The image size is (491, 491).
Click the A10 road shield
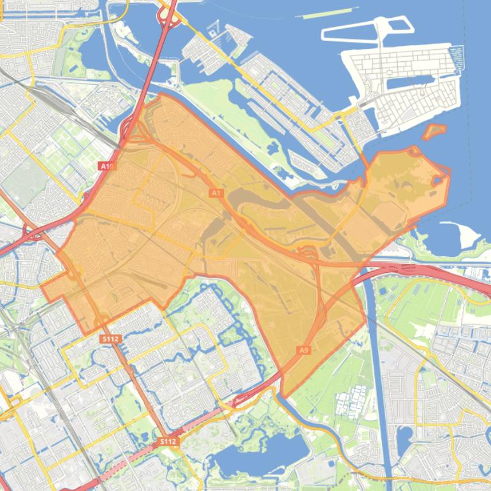[106, 166]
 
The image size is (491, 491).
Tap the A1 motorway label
[215, 193]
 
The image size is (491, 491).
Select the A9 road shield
[304, 350]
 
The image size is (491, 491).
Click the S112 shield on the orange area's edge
[110, 339]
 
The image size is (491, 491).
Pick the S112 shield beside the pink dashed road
[168, 441]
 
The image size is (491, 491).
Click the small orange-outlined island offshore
[434, 132]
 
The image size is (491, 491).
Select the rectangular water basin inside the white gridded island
[408, 82]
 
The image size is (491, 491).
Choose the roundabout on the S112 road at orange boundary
[102, 319]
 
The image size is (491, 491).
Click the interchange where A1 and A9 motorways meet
[311, 255]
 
